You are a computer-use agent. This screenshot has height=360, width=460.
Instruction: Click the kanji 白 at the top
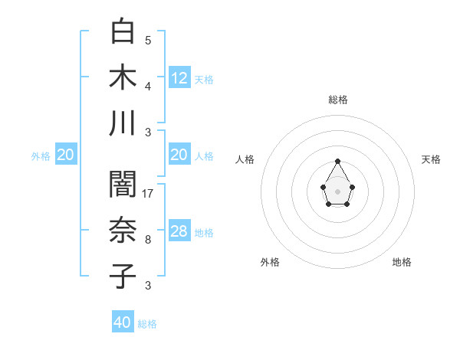(x=123, y=32)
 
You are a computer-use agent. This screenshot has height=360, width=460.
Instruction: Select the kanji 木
(x=123, y=77)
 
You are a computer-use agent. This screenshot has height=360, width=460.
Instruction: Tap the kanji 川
(x=123, y=123)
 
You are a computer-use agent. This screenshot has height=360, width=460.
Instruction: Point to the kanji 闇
(x=123, y=185)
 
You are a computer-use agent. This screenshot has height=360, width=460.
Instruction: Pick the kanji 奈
(x=123, y=231)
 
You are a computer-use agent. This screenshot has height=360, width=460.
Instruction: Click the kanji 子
(x=123, y=276)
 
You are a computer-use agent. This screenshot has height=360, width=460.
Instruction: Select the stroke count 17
(x=148, y=193)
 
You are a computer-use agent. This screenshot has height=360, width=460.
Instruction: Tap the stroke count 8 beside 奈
(x=147, y=240)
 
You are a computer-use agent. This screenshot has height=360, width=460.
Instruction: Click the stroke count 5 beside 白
(x=147, y=40)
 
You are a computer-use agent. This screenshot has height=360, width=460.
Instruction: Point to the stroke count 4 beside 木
(x=147, y=86)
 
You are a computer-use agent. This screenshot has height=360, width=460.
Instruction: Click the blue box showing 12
(x=179, y=77)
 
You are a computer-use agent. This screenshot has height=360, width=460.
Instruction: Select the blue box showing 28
(x=179, y=231)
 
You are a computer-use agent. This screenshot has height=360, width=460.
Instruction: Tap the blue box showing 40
(x=123, y=322)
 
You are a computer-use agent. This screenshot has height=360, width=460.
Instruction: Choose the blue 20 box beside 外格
(x=66, y=155)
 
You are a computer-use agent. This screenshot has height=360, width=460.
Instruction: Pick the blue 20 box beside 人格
(x=179, y=155)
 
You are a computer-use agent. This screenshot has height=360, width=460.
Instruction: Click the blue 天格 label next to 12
(x=204, y=79)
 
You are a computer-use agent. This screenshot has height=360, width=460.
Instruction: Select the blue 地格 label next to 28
(x=204, y=232)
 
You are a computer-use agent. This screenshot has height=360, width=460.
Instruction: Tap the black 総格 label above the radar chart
(x=338, y=100)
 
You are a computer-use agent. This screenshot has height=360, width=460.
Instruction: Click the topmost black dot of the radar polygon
(x=337, y=161)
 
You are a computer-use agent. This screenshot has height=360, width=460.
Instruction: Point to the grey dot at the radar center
(x=337, y=191)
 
